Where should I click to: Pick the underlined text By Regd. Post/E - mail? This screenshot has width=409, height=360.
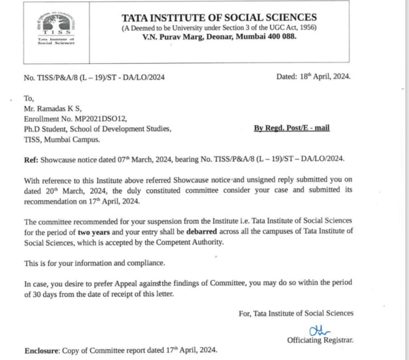point(291,128)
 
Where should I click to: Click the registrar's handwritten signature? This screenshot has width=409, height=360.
point(316,329)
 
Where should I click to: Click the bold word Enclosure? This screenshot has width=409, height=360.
point(43,350)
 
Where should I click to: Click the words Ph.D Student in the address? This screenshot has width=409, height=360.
point(48,129)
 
